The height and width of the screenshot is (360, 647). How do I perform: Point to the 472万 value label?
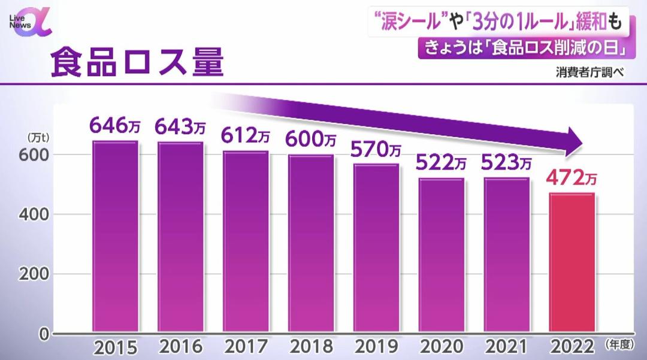click(571, 178)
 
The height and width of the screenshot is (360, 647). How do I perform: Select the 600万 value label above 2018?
click(310, 140)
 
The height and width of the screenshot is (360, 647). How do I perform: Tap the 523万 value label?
click(506, 163)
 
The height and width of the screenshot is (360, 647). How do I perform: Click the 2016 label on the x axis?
click(180, 347)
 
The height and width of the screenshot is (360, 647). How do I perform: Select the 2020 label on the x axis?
click(442, 347)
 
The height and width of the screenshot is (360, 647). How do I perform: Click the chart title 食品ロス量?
click(137, 63)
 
